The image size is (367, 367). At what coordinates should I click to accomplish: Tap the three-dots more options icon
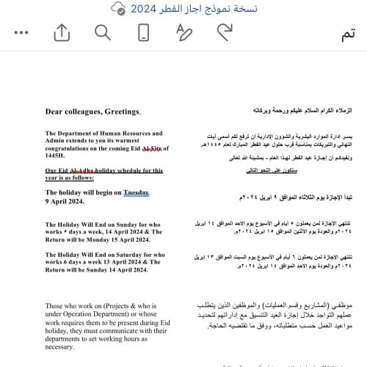(21, 33)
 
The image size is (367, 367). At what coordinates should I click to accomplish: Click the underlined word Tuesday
(136, 192)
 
